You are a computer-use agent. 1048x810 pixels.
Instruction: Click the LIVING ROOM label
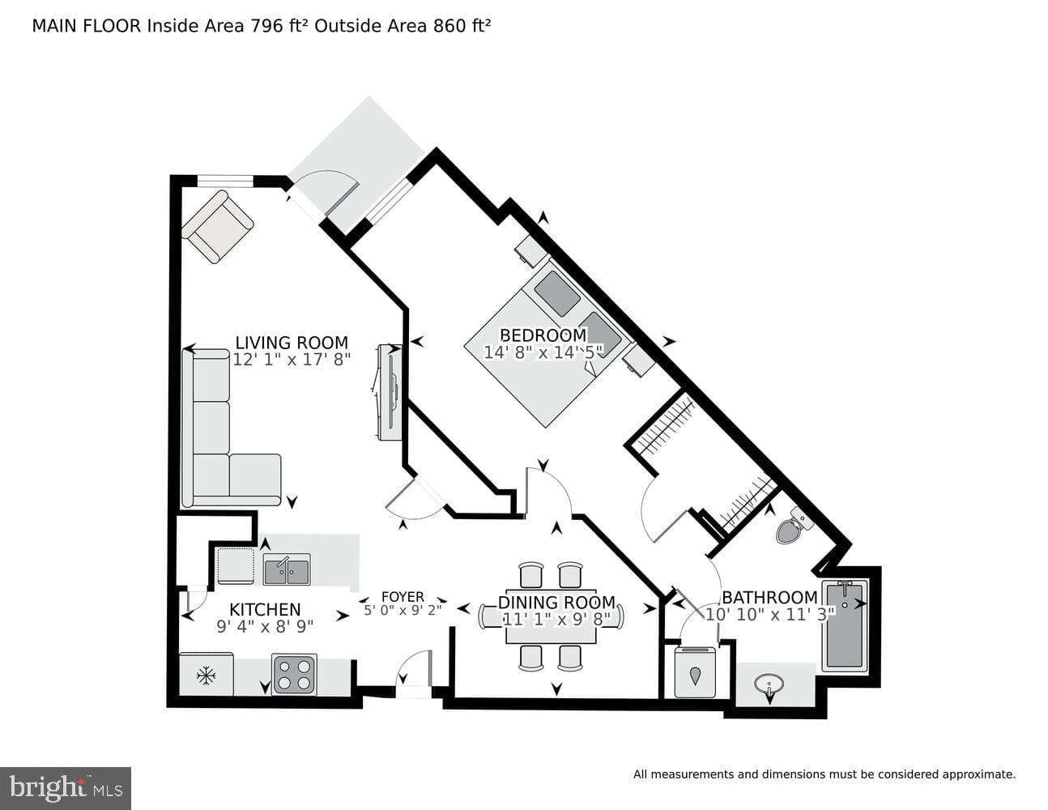coord(292,343)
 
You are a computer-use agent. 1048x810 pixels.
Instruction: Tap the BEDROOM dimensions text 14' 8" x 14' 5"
coord(543,353)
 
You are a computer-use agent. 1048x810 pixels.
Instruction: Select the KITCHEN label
coord(265,609)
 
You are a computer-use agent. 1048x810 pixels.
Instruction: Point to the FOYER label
coord(403,597)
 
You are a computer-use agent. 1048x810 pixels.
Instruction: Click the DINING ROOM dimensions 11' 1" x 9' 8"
coord(556,619)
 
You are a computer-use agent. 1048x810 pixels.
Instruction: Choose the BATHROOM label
coord(769,598)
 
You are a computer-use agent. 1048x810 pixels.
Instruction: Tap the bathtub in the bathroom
coord(844,626)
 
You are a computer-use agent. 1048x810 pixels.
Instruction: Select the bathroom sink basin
coord(769,684)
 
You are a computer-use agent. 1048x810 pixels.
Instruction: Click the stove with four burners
coord(294,674)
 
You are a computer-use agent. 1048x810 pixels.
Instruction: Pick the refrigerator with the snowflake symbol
coord(207,674)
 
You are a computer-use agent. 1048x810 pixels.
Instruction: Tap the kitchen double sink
coord(287,569)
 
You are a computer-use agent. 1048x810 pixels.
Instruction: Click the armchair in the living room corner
coord(218,226)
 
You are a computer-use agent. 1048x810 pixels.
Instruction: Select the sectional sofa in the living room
coord(231,428)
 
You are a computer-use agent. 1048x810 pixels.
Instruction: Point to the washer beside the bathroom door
coord(695,672)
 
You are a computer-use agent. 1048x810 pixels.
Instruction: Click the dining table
coord(551,616)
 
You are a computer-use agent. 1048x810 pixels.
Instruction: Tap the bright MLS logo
coord(66,789)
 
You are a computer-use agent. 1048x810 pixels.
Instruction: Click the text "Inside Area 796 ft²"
coord(228,26)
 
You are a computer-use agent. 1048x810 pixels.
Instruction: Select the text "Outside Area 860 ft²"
coord(403,26)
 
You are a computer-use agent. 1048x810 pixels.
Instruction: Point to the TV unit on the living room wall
coord(390,391)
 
